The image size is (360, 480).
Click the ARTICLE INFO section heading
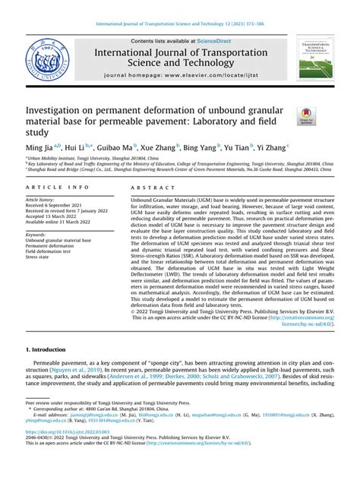(x=54, y=187)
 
